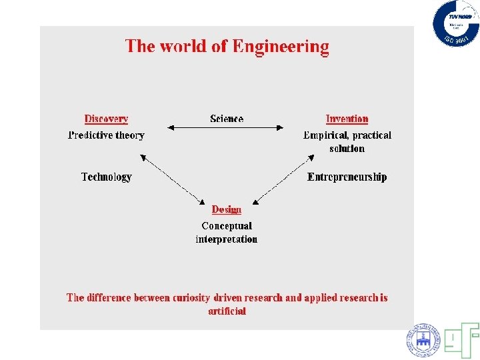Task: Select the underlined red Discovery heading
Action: pos(106,119)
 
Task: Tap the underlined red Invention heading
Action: pos(347,119)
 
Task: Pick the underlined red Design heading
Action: pos(226,209)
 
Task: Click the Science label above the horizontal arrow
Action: pos(227,119)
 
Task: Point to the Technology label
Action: pos(106,177)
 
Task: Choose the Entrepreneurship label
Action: pos(347,177)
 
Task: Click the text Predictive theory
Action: pos(106,135)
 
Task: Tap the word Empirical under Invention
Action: pos(327,135)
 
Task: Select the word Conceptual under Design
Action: pos(227,226)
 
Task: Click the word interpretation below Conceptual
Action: pos(227,239)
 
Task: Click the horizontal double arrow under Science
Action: pos(226,127)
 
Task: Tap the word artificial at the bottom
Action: pos(227,311)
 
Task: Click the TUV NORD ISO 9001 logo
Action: pos(456,23)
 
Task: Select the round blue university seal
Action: pos(423,341)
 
